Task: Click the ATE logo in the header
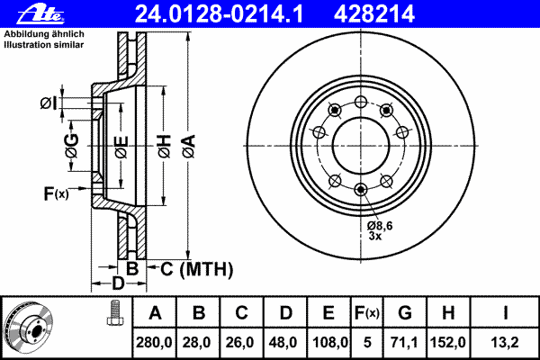(x=40, y=14)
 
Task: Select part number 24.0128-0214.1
(x=220, y=14)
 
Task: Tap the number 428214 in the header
(x=374, y=14)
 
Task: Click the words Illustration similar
(x=44, y=45)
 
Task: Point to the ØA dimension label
(x=189, y=147)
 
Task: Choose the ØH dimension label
(x=165, y=147)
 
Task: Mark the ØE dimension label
(x=121, y=147)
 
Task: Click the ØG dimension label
(x=72, y=146)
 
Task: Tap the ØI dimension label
(x=49, y=103)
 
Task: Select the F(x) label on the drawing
(x=56, y=193)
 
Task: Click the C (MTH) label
(x=196, y=269)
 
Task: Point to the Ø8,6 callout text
(x=380, y=226)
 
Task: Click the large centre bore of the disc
(x=361, y=146)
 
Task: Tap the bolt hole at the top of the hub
(x=361, y=102)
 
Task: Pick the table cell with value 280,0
(x=154, y=342)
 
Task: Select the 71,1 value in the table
(x=404, y=342)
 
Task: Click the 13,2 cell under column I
(x=504, y=342)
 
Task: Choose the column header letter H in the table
(x=448, y=313)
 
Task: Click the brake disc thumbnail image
(x=29, y=328)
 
